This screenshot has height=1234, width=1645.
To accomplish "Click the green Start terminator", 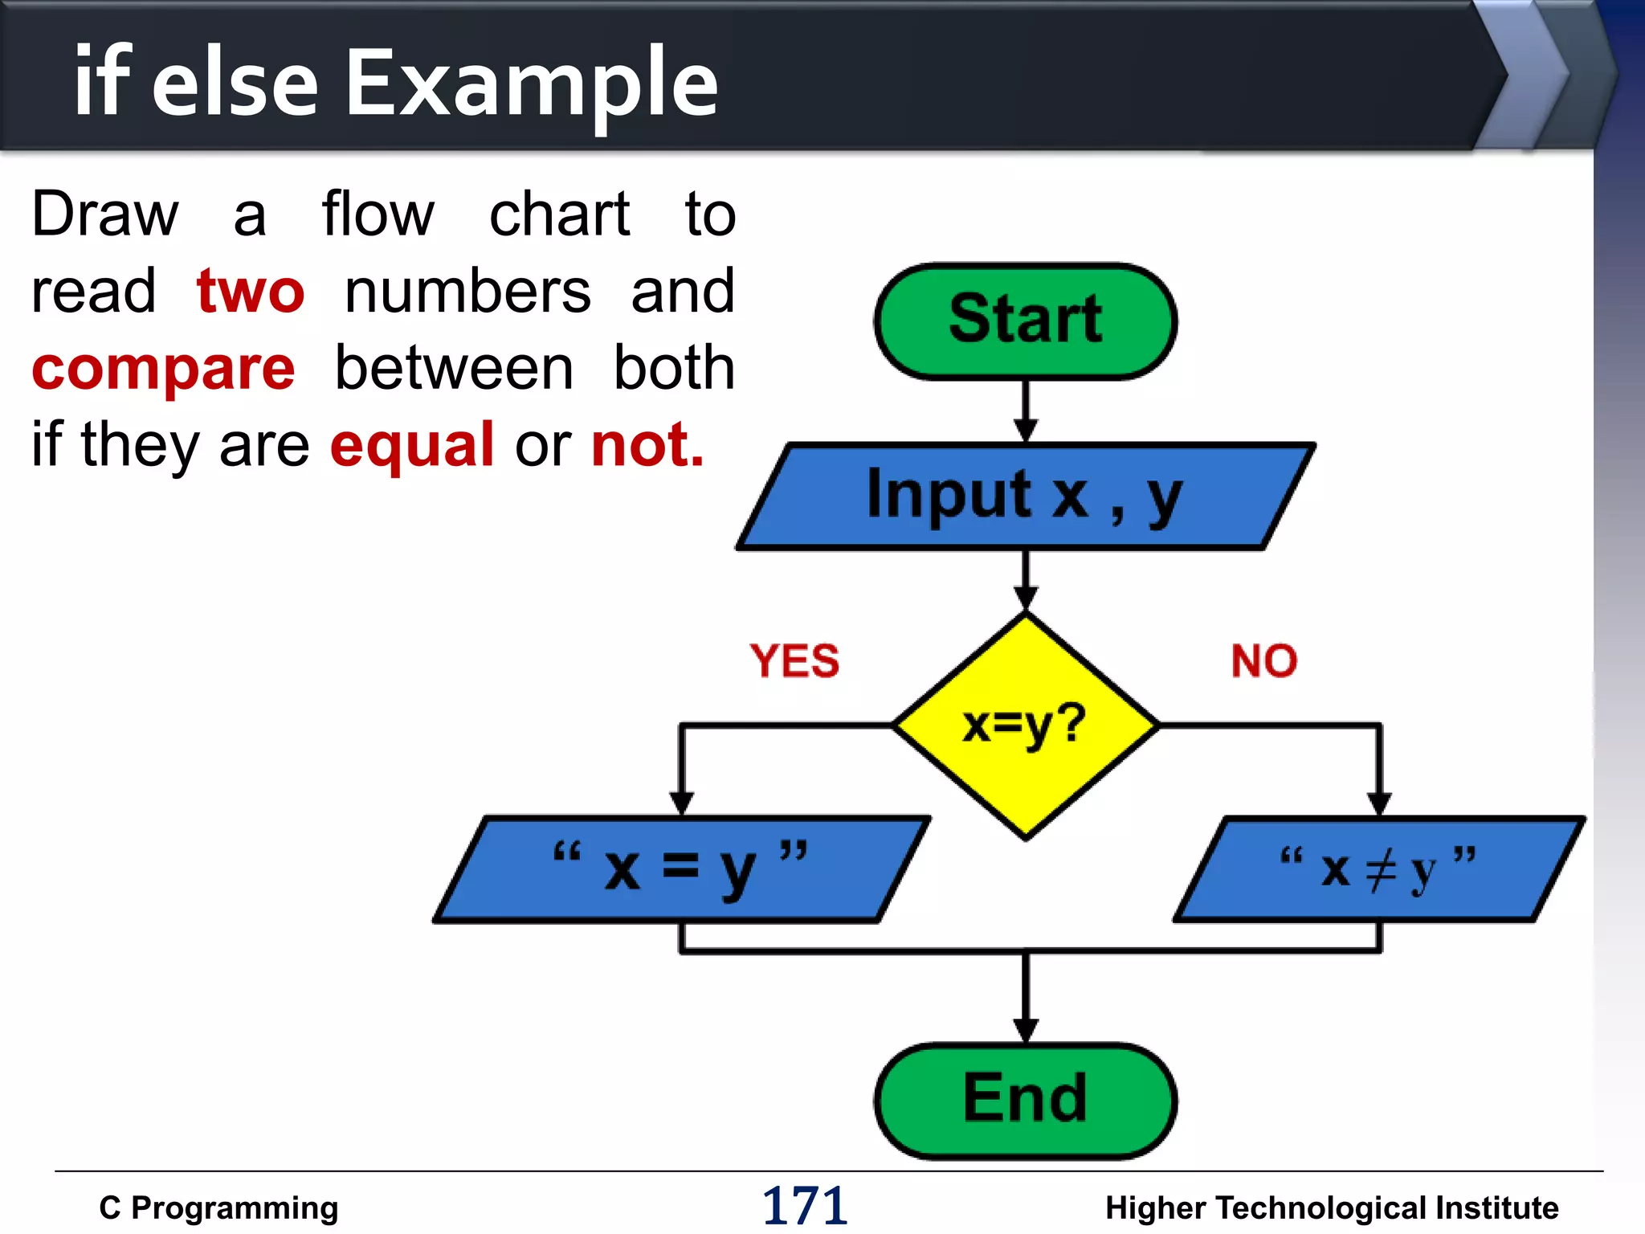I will (1025, 321).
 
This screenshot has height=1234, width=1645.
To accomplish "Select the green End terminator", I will (1025, 1100).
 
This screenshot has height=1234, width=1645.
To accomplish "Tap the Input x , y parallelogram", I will (1025, 496).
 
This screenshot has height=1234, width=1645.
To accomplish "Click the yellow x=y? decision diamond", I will (1025, 725).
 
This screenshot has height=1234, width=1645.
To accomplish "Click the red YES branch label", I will (794, 661).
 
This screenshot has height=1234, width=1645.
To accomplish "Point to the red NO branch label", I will (1263, 661).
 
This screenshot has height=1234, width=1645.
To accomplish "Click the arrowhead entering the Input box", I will (1025, 431).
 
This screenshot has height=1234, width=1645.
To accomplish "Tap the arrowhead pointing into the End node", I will (1025, 1030).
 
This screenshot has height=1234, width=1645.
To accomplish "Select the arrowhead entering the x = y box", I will (681, 803).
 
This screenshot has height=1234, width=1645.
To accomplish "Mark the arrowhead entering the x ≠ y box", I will (1379, 803).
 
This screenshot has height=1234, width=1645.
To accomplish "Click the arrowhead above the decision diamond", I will (1025, 598).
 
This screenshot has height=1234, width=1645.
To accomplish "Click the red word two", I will (251, 291).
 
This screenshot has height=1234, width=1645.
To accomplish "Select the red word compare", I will (164, 369).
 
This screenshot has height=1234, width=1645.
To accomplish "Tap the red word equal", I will (412, 444).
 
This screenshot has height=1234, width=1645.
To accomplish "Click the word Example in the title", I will (531, 83).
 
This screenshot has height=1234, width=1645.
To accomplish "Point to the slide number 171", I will (804, 1206).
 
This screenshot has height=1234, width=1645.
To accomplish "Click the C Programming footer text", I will (218, 1207).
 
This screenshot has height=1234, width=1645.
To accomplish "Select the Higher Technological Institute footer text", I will (1331, 1207).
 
